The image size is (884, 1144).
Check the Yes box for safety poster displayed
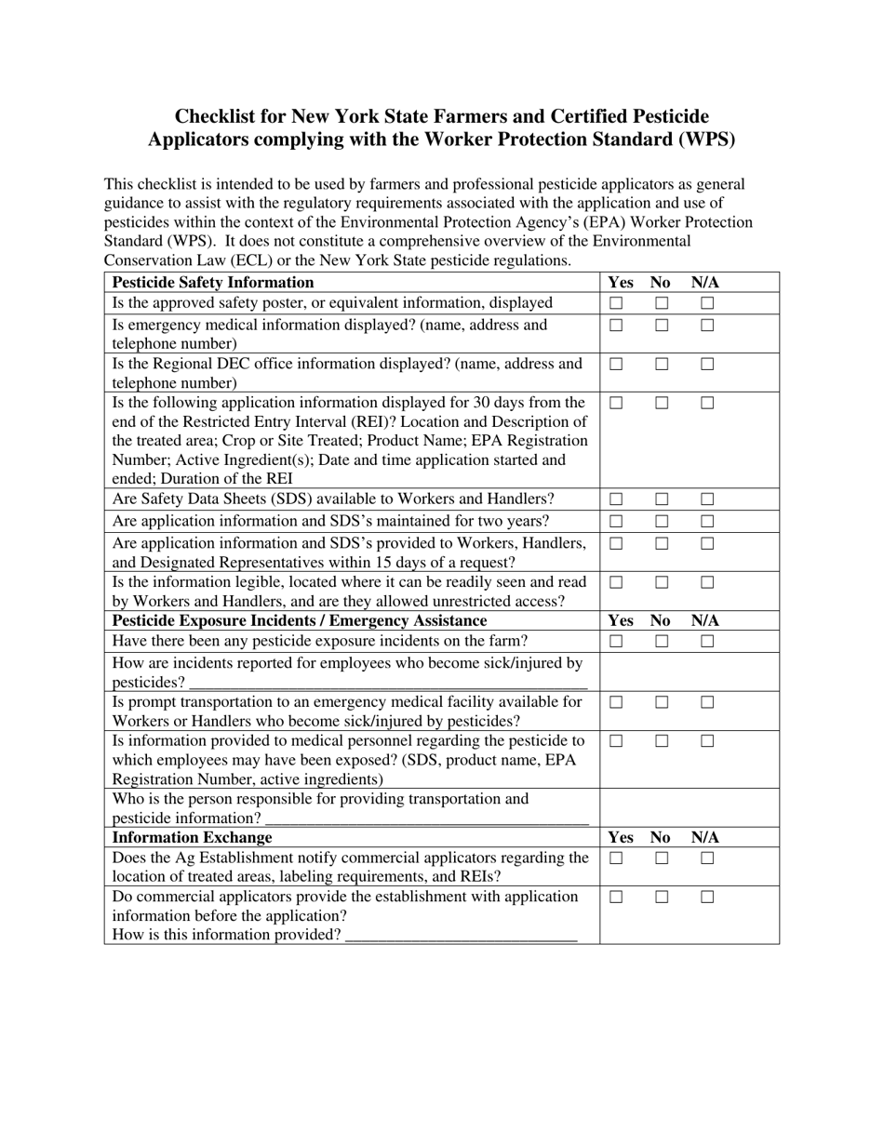pyautogui.click(x=616, y=303)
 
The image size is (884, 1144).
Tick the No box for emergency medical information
pyautogui.click(x=662, y=326)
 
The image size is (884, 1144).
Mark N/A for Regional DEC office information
pyautogui.click(x=707, y=365)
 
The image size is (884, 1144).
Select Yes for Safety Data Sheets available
pyautogui.click(x=616, y=499)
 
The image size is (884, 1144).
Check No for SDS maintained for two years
pyautogui.click(x=662, y=522)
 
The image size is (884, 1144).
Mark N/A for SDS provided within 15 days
pyautogui.click(x=707, y=544)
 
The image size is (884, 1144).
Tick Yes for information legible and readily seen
pyautogui.click(x=616, y=583)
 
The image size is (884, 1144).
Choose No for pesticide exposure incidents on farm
pyautogui.click(x=662, y=642)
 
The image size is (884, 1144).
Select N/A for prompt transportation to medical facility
pyautogui.click(x=707, y=703)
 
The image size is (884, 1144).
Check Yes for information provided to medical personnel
pyautogui.click(x=616, y=742)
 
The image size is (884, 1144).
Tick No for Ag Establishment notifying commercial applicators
pyautogui.click(x=662, y=858)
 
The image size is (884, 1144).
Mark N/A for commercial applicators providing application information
pyautogui.click(x=707, y=898)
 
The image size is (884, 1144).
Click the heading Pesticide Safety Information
pyautogui.click(x=213, y=283)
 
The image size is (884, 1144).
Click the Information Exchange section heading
pyautogui.click(x=193, y=838)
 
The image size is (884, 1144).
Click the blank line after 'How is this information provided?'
pyautogui.click(x=461, y=938)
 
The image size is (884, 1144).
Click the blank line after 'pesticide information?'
pyautogui.click(x=427, y=820)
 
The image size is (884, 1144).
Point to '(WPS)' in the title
pyautogui.click(x=704, y=140)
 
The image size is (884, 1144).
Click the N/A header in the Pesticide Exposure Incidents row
pyautogui.click(x=705, y=621)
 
